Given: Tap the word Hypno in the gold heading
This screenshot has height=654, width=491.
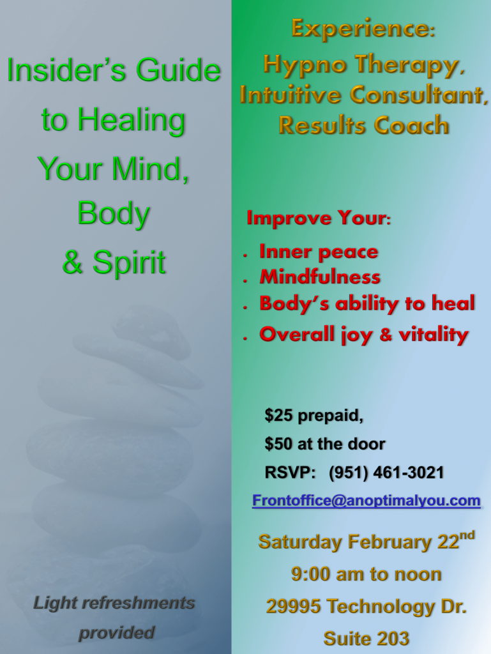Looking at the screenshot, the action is pyautogui.click(x=305, y=66).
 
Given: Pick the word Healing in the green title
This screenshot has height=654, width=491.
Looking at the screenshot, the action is pyautogui.click(x=132, y=119).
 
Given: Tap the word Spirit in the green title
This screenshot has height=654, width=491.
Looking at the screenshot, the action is pyautogui.click(x=129, y=262).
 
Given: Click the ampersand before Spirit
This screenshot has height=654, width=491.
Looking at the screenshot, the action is pyautogui.click(x=72, y=262).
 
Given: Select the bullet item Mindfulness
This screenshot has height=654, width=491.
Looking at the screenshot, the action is pyautogui.click(x=320, y=277).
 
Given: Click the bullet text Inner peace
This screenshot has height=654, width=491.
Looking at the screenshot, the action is pyautogui.click(x=319, y=252).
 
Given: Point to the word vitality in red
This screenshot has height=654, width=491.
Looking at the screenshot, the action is pyautogui.click(x=434, y=335).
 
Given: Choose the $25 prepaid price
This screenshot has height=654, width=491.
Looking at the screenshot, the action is pyautogui.click(x=313, y=415).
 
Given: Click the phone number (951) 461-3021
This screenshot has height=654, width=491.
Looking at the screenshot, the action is pyautogui.click(x=386, y=473).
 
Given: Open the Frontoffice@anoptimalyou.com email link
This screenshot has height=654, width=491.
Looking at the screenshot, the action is pyautogui.click(x=366, y=500).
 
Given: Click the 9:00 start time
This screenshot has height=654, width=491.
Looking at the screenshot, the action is pyautogui.click(x=310, y=574).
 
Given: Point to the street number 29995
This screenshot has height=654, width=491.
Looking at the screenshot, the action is pyautogui.click(x=294, y=607).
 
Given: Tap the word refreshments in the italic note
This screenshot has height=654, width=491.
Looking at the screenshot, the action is pyautogui.click(x=138, y=603).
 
